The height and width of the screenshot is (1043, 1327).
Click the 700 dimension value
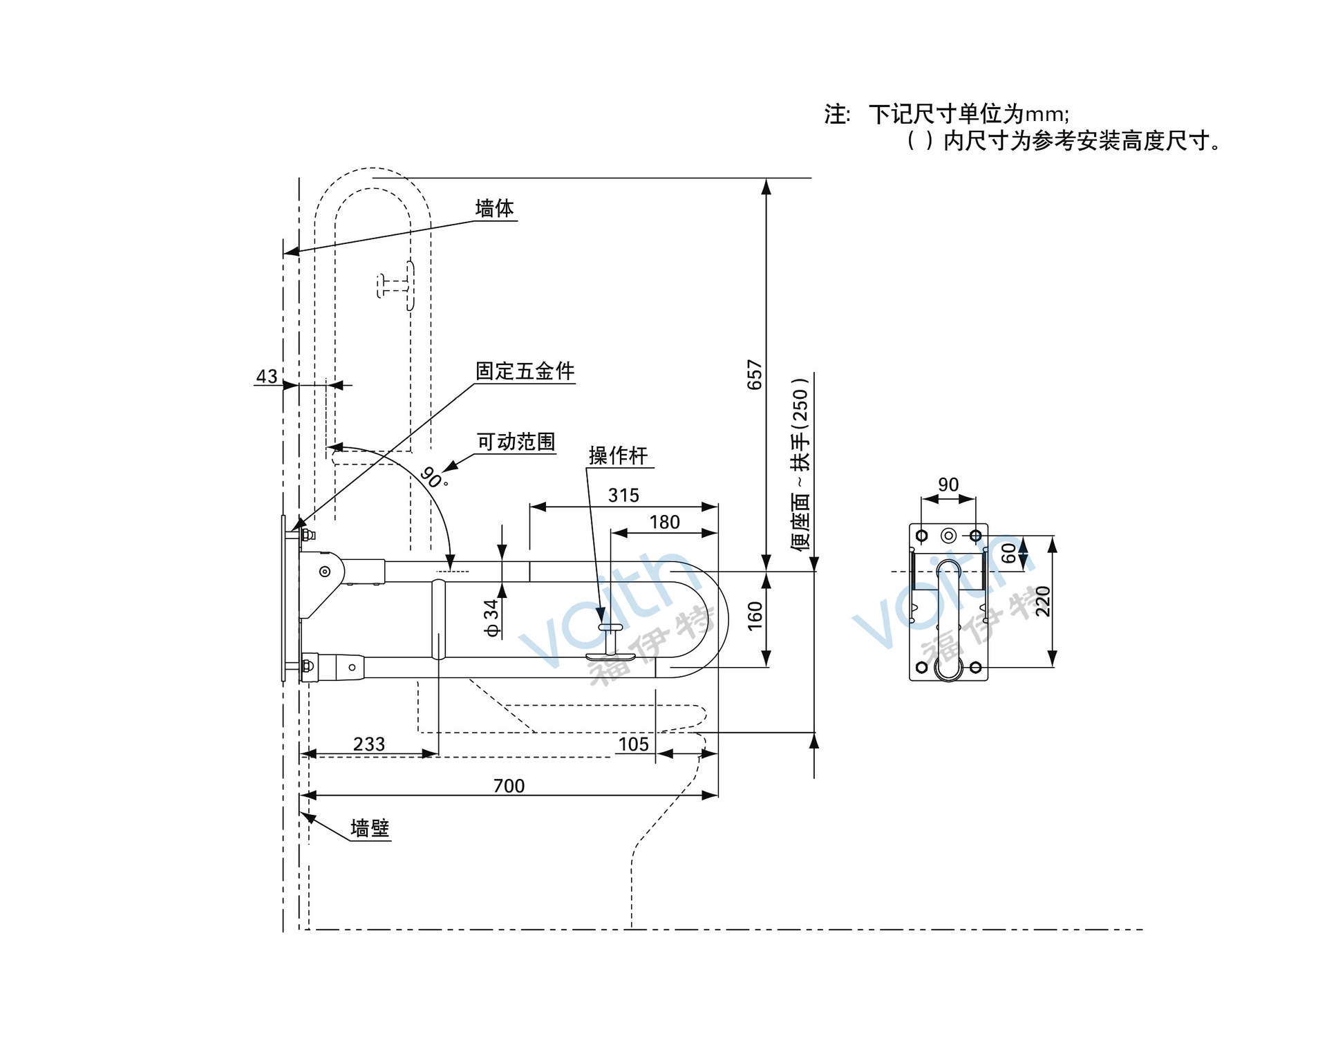509,786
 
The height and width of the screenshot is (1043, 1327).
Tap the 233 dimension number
369,744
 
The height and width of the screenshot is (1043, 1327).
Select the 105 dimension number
633,744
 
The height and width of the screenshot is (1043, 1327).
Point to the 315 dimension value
623,496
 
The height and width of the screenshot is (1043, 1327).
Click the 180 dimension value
664,523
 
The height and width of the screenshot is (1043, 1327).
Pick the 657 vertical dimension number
755,375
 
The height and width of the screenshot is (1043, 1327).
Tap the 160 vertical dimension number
755,616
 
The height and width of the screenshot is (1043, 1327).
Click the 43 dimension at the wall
267,377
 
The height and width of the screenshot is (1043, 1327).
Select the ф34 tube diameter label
491,618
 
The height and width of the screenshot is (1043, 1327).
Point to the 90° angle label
433,477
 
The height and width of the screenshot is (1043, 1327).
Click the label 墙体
494,208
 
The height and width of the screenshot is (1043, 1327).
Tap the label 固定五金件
525,371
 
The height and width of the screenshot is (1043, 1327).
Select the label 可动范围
516,442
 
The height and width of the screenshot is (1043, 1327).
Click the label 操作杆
618,455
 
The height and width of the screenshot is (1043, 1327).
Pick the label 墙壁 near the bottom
370,828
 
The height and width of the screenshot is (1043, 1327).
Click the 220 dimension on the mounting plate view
1042,601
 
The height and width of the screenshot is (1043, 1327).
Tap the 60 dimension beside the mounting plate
1009,553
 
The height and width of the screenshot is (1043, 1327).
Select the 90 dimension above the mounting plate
948,485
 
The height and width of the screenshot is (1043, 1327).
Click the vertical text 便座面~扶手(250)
800,464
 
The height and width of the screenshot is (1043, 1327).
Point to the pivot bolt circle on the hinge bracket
324,572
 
